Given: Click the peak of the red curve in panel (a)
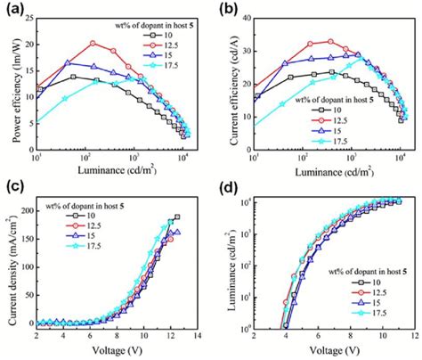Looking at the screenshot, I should [93, 43].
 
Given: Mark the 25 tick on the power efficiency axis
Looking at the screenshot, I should [28, 19].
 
